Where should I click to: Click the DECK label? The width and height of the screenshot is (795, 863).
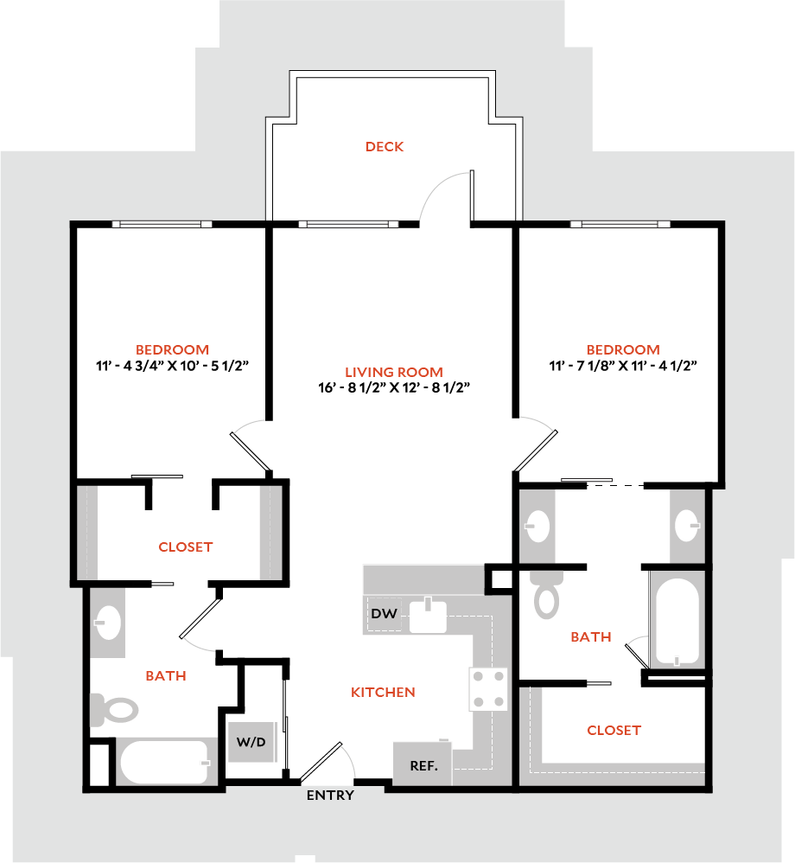point(385,147)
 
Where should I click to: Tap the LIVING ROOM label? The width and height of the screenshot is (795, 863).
point(393,373)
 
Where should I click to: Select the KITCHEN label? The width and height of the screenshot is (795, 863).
point(383,693)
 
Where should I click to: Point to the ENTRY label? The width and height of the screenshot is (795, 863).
point(330,796)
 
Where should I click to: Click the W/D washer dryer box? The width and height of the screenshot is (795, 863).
point(251,741)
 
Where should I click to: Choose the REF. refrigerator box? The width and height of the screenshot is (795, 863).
point(423,764)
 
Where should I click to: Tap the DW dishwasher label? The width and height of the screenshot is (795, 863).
point(384,615)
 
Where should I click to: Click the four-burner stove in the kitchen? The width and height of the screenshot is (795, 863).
point(488,689)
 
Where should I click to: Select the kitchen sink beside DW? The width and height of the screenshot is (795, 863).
point(428,616)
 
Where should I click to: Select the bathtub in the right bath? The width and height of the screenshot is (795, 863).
point(677,619)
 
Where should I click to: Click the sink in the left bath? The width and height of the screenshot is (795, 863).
point(109,621)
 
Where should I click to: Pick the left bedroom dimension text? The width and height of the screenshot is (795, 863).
point(173,366)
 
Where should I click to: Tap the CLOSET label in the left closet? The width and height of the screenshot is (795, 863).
point(186,547)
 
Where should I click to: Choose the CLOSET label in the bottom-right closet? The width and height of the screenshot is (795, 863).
point(614,731)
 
